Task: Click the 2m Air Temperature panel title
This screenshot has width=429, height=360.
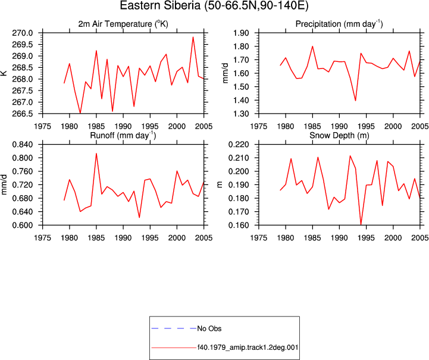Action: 123,24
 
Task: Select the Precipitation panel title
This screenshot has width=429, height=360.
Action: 339,24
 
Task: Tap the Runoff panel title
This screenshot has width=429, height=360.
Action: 123,136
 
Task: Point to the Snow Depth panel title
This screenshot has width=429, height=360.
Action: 339,136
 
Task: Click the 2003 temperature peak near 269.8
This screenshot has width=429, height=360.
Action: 193,37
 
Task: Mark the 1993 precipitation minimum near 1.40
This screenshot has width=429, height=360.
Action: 355,101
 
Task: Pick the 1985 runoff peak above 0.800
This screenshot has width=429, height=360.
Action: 96,154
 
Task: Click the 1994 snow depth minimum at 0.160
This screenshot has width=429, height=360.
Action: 361,224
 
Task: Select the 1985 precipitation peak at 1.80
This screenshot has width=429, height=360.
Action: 312,46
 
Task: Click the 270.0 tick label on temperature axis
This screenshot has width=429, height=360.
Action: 23,33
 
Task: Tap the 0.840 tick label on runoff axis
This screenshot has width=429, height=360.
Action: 23,145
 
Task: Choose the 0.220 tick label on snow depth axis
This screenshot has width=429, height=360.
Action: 239,145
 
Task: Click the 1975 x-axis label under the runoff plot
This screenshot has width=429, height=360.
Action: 42,238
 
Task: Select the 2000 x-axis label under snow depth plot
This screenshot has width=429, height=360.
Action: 393,238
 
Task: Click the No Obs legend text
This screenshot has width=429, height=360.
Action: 209,328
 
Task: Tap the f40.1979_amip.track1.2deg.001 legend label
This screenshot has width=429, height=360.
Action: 248,348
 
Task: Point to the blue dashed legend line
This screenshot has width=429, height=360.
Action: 174,328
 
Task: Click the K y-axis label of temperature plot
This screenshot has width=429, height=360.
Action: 4,73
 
